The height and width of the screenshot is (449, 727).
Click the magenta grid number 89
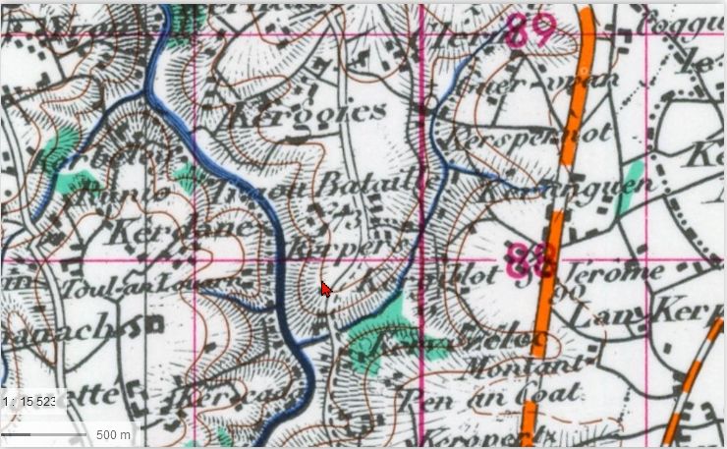[532, 29]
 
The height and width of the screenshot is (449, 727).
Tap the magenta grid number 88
[531, 261]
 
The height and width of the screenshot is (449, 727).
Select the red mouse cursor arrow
[325, 287]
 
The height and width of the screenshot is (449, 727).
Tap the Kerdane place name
[158, 234]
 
